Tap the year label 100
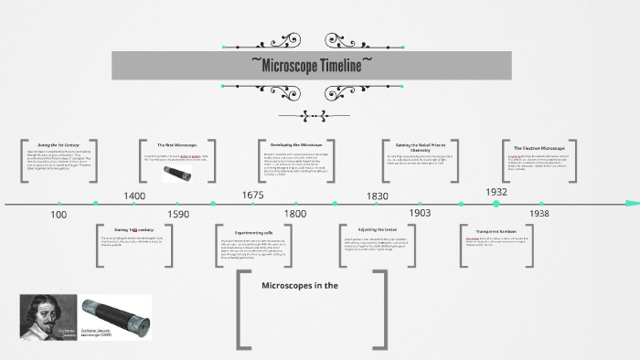(59, 214)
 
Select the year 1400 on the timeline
(134, 196)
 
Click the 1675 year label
(253, 196)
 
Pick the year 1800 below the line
(295, 214)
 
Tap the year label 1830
(377, 196)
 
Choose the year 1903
(420, 213)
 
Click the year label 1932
(496, 192)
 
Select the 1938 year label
(539, 213)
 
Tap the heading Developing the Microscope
(296, 144)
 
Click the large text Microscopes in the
(300, 286)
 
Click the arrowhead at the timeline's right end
(632, 203)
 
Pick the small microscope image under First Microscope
(176, 173)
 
